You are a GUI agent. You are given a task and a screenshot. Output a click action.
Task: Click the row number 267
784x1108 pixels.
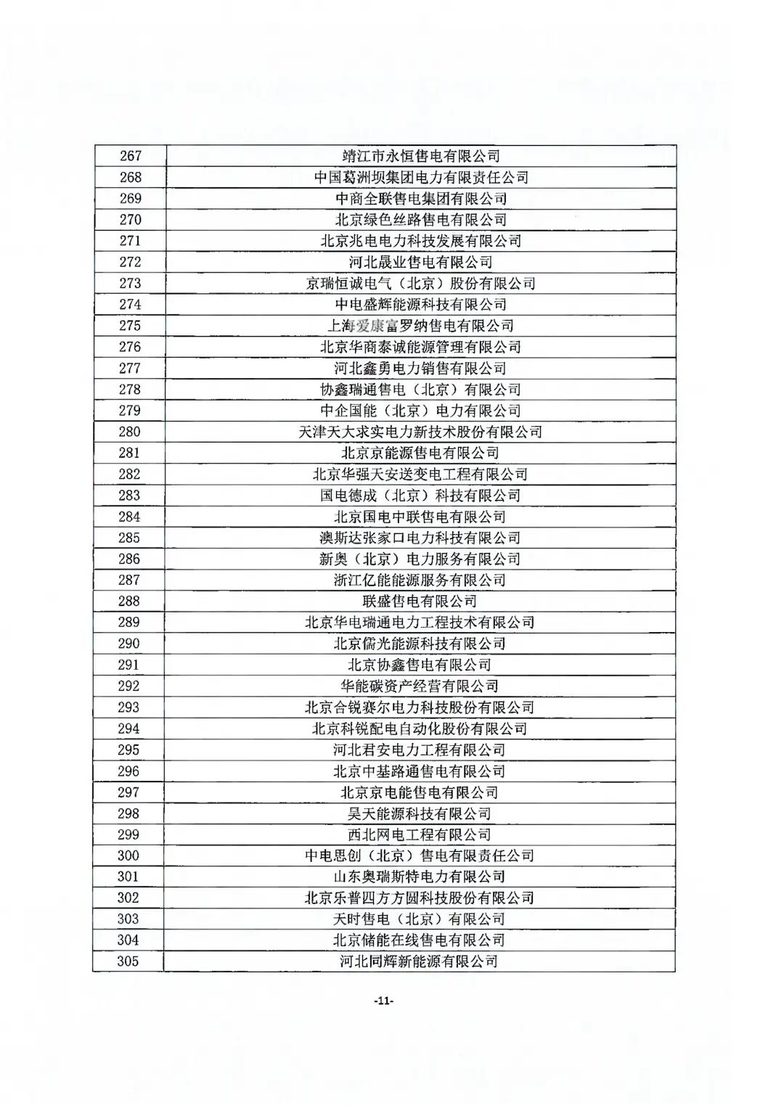pos(131,156)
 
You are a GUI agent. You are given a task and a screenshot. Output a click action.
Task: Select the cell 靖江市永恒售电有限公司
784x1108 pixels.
pos(421,156)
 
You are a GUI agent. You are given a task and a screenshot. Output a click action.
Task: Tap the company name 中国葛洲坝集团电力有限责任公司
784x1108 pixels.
pos(421,177)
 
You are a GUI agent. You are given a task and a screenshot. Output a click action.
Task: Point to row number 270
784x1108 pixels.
pos(131,220)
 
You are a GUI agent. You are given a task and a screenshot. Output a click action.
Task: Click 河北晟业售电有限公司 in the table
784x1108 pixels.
pos(421,262)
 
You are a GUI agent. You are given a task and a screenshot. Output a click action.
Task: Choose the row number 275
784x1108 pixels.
pos(131,326)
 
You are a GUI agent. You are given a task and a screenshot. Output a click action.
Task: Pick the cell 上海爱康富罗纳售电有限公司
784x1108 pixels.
pos(421,326)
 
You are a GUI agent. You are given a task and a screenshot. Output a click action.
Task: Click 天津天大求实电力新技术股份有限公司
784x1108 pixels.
pos(421,432)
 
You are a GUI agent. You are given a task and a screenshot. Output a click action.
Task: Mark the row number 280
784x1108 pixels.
pos(130,432)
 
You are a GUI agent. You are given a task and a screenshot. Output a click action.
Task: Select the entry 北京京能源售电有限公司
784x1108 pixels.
pos(421,453)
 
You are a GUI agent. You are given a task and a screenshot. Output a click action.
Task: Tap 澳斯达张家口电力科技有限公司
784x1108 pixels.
pos(420,538)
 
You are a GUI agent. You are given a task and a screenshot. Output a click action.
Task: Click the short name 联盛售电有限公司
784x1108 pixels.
pos(420,601)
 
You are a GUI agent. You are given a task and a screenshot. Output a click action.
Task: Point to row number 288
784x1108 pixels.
pos(129,601)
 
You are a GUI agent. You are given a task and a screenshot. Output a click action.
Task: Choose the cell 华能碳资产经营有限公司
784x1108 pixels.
pos(420,686)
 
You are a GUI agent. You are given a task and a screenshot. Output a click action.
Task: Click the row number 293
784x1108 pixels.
pos(128,707)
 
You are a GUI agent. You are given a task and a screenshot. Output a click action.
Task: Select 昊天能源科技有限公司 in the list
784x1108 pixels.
pos(420,813)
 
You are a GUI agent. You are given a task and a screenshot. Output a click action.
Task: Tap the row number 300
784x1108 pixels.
pos(128,855)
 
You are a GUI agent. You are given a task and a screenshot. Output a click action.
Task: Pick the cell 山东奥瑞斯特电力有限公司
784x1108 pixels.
pos(420,877)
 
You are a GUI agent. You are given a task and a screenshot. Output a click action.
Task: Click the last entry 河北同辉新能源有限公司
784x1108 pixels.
pos(420,961)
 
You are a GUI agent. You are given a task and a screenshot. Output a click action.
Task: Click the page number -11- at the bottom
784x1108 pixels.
pos(383,1001)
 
